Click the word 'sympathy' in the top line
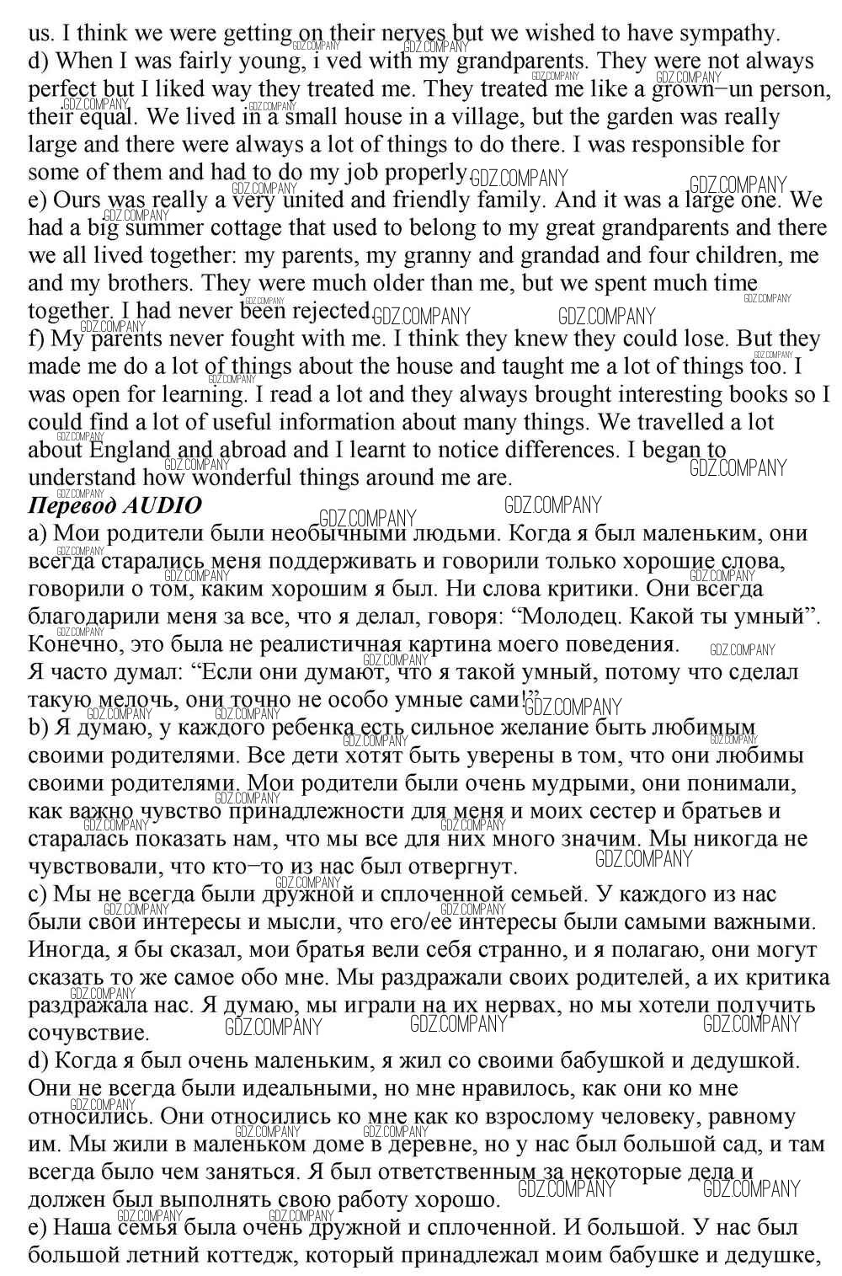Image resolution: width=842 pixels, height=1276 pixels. pos(725,33)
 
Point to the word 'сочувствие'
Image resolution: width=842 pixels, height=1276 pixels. pos(88,1033)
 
